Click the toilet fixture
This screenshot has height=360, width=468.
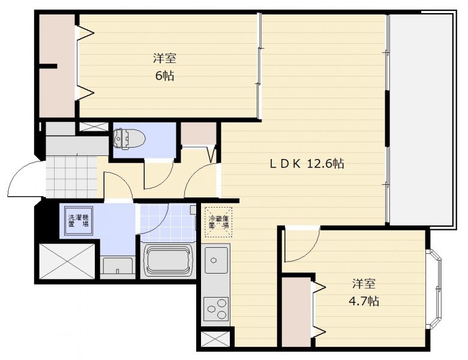point(130,139)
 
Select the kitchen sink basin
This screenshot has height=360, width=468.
point(216,260)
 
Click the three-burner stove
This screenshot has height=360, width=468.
point(216,308)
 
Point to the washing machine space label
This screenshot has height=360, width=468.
point(78,220)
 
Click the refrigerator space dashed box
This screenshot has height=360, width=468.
point(218,222)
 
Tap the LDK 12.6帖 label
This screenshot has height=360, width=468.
point(307,164)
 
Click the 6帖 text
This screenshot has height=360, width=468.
point(164,76)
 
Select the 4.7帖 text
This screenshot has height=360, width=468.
point(364,301)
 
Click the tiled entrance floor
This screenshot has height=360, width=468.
point(71,176)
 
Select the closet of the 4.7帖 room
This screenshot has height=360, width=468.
point(296,312)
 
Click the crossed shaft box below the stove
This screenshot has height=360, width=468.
point(215,340)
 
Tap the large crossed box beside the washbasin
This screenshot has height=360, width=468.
point(67,262)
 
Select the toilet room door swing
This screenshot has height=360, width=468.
point(159,174)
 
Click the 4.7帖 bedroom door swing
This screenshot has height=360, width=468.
point(302,244)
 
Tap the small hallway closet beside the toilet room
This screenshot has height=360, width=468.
point(199,134)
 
